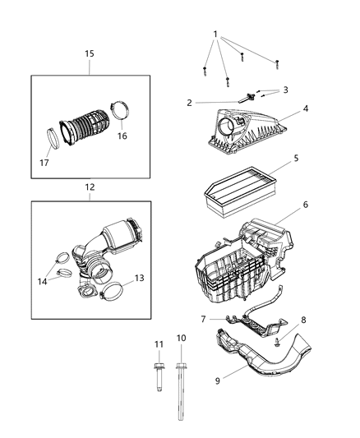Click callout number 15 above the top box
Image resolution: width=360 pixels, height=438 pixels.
[x=90, y=53]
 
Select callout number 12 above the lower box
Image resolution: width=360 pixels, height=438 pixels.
[x=90, y=187]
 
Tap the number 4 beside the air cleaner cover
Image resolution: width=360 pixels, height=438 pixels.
[x=305, y=108]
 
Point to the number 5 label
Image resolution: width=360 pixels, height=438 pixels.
[x=296, y=158]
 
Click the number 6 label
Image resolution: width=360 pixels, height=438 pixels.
[x=305, y=205]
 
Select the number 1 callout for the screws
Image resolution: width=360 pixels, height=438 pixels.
[x=215, y=35]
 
